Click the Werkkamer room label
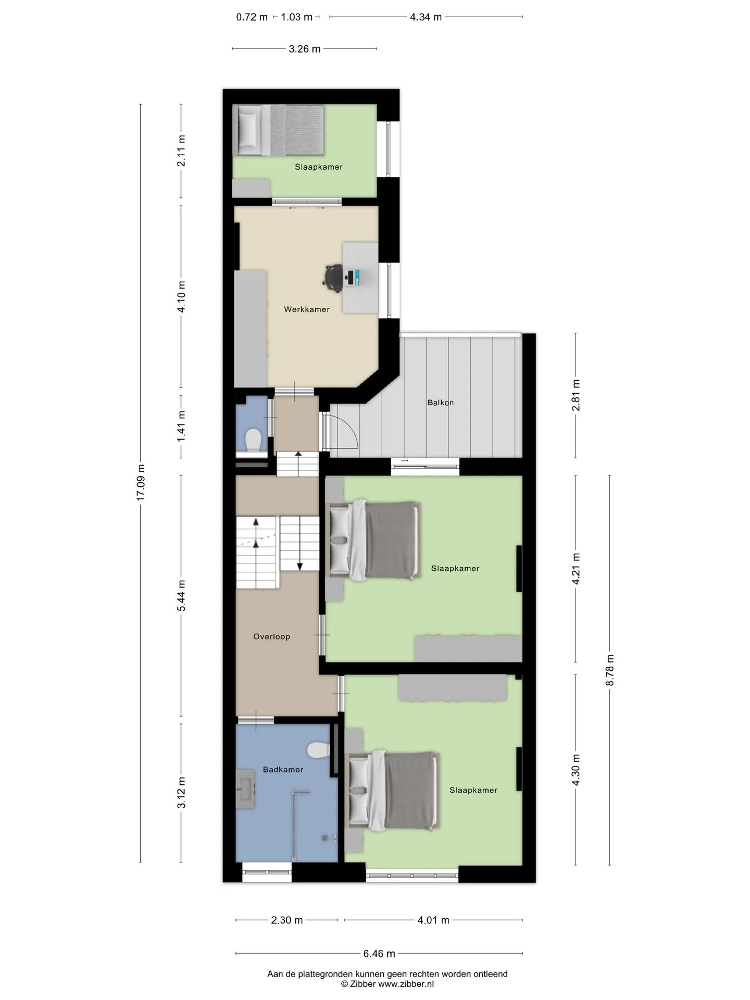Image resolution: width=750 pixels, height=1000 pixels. [307, 309]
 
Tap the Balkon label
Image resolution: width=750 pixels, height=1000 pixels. [441, 403]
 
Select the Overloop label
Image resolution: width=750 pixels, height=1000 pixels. [271, 636]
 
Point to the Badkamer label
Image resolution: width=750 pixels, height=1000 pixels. [283, 769]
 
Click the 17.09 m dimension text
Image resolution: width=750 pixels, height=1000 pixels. [141, 482]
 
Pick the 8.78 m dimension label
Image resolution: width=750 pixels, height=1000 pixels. [610, 670]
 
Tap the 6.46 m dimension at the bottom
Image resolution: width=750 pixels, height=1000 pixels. [379, 954]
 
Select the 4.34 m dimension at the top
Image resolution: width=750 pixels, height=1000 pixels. [426, 17]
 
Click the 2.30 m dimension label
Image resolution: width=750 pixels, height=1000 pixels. [287, 920]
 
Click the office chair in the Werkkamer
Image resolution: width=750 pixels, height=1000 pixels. [333, 276]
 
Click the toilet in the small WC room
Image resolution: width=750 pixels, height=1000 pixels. [253, 441]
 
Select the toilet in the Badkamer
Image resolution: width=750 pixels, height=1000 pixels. [318, 751]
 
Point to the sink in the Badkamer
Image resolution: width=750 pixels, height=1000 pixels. [245, 789]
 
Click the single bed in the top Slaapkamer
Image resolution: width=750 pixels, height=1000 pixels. [278, 130]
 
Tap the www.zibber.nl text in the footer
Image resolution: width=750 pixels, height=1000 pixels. [406, 984]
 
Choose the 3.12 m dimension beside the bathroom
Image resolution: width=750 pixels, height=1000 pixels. [181, 793]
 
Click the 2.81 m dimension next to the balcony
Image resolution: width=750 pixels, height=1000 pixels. [576, 395]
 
